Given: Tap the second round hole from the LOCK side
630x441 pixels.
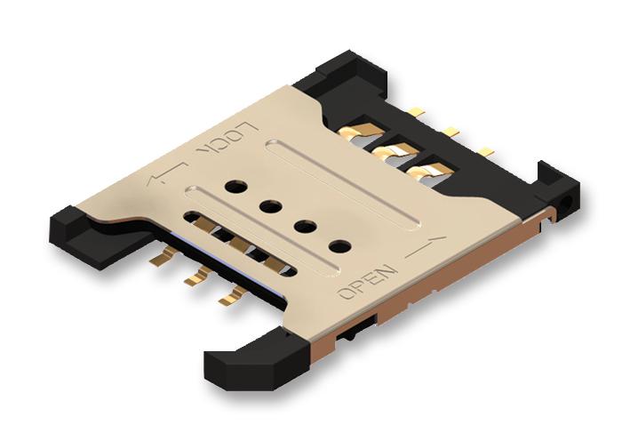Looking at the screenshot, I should (x=267, y=206).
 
